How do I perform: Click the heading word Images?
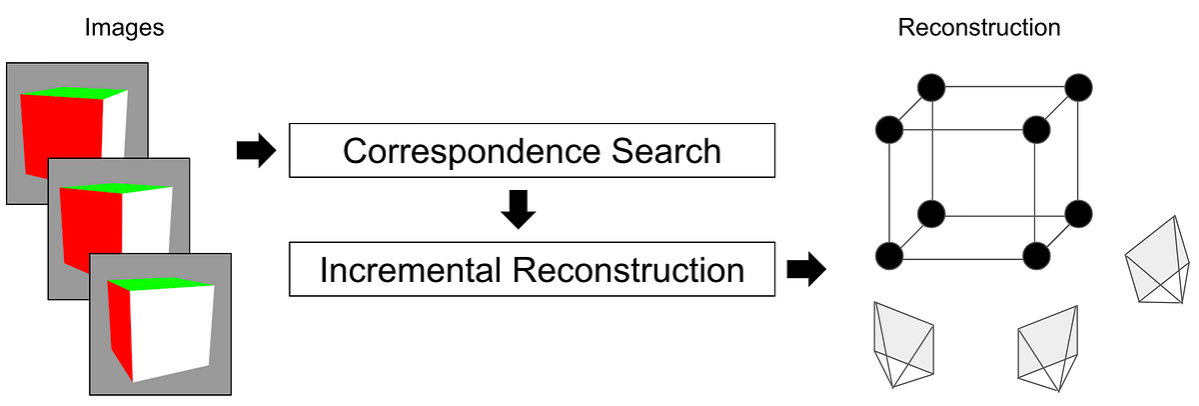coord(124,28)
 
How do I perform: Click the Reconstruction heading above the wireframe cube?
coord(979,28)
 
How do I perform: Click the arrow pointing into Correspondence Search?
coord(256,151)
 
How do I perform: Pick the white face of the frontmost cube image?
coord(172,335)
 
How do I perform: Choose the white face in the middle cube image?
coord(140,225)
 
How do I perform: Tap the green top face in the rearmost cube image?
coord(70,93)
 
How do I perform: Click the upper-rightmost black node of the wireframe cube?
coord(1077,87)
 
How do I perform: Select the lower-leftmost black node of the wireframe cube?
coord(888,255)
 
